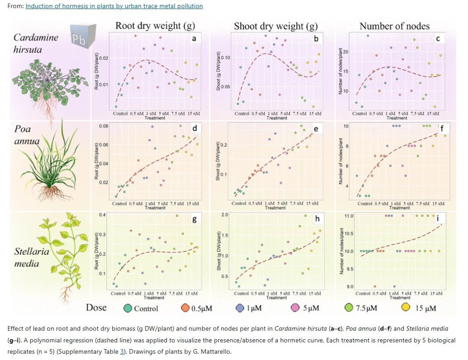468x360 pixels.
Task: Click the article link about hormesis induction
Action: tap(114, 6)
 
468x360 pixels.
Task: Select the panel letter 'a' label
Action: tap(194, 39)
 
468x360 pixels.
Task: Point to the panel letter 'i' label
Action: tap(438, 219)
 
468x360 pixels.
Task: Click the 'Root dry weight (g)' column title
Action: tap(155, 26)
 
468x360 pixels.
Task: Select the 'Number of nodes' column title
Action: tap(394, 26)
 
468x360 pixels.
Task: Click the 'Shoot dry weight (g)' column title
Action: tap(275, 26)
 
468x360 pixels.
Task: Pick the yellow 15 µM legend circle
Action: tap(406, 308)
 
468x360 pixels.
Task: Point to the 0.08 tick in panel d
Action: tap(104, 126)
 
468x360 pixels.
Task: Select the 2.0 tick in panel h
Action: tap(225, 214)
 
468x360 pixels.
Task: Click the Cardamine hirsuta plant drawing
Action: tap(46, 86)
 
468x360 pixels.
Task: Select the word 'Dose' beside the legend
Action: tap(96, 308)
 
